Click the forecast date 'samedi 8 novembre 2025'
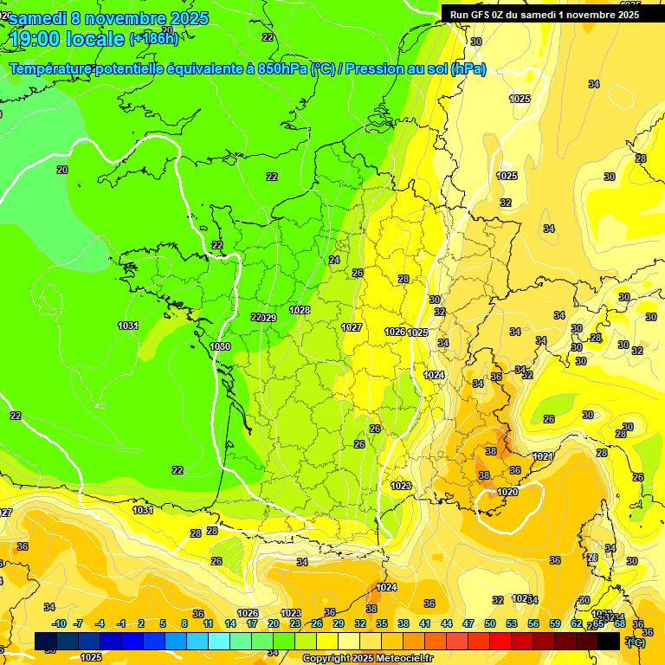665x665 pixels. pyautogui.click(x=108, y=18)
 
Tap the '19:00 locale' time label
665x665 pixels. pyautogui.click(x=68, y=39)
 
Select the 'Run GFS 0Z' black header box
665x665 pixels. pyautogui.click(x=545, y=14)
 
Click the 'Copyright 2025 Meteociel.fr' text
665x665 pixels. pyautogui.click(x=368, y=658)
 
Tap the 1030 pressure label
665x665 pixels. pyautogui.click(x=221, y=346)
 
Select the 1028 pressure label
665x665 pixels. pyautogui.click(x=300, y=310)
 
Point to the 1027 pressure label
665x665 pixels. pyautogui.click(x=352, y=327)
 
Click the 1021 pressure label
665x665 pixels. pyautogui.click(x=543, y=456)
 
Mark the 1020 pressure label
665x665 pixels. pyautogui.click(x=507, y=492)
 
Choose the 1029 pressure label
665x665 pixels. pyautogui.click(x=268, y=318)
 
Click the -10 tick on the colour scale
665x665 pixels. pyautogui.click(x=59, y=623)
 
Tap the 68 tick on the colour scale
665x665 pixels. pyautogui.click(x=620, y=623)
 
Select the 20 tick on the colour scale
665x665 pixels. pyautogui.click(x=274, y=623)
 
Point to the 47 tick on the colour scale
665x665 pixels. pyautogui.click(x=468, y=623)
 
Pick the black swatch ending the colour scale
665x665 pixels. pyautogui.click(x=609, y=641)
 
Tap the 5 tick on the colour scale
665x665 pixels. pyautogui.click(x=163, y=623)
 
